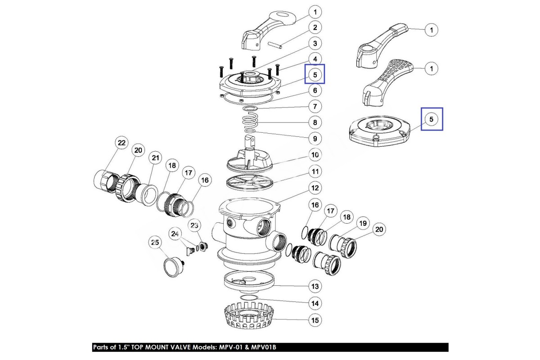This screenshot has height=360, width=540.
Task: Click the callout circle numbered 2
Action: [315, 27]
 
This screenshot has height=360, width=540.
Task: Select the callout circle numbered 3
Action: [315, 43]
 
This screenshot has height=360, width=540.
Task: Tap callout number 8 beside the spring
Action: [315, 122]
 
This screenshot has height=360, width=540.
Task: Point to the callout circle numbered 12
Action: [315, 187]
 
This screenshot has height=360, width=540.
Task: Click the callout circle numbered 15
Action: [315, 320]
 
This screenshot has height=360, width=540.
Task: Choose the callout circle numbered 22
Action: [121, 143]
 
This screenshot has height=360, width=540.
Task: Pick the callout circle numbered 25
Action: [155, 243]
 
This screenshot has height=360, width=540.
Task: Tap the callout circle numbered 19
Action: [362, 223]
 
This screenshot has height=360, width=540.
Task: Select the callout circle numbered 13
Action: [315, 286]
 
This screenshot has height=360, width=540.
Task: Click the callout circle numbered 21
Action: [155, 158]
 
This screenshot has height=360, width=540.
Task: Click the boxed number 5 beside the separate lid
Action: [432, 119]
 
